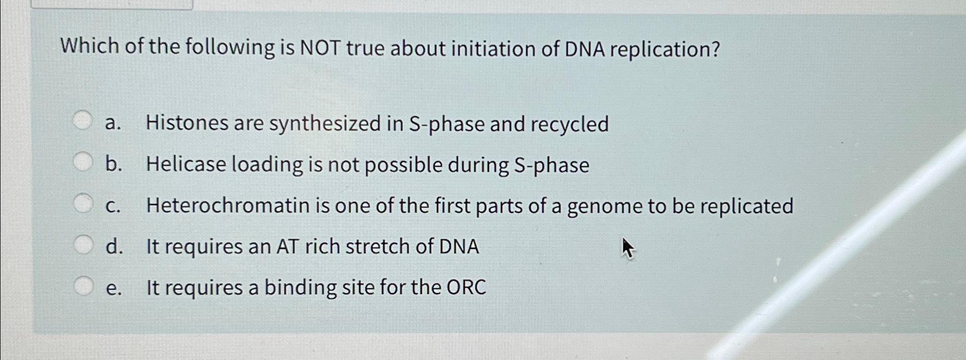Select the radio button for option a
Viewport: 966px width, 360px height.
(x=82, y=122)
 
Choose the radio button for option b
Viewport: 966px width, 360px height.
(x=82, y=162)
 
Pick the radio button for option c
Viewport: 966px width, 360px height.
(x=82, y=204)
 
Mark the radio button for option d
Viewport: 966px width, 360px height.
(x=82, y=244)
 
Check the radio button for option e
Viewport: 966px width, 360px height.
(x=82, y=285)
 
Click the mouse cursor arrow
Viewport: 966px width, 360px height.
(x=627, y=248)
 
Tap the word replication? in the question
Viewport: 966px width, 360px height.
(x=666, y=50)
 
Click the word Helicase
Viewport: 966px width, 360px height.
(x=186, y=165)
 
